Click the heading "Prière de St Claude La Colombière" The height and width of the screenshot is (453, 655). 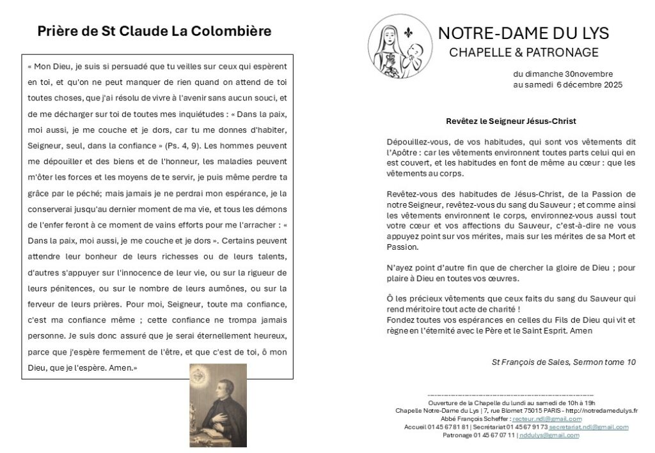click(x=154, y=31)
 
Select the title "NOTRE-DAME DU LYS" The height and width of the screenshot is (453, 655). click(x=523, y=33)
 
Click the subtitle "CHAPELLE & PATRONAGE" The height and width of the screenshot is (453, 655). click(x=524, y=52)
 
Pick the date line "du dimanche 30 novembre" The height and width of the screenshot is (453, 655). click(x=563, y=74)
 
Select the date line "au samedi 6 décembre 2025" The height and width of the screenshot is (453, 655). click(x=567, y=84)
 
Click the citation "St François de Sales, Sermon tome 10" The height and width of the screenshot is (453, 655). click(x=564, y=362)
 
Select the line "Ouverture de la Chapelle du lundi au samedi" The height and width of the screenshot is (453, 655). click(x=498, y=403)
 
